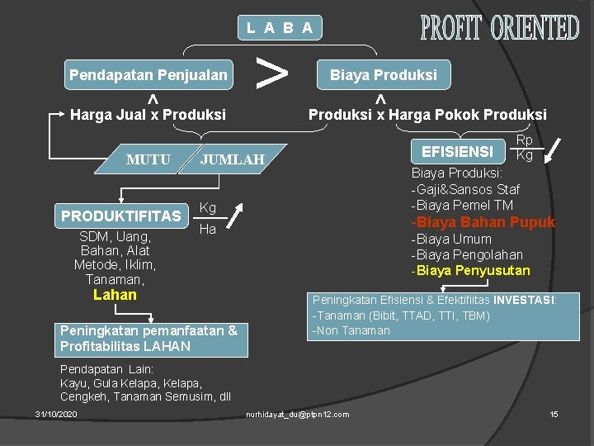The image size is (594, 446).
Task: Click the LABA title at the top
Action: pos(280,27)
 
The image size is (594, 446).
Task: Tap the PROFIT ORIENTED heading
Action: pos(499,28)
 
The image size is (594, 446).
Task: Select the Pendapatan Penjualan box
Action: pos(148,75)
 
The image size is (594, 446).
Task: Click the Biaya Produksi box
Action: pos(384,75)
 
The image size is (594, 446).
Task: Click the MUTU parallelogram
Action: pos(148,159)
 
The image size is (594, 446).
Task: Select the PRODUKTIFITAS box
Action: pos(121,216)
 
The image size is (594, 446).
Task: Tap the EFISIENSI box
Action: pos(458,151)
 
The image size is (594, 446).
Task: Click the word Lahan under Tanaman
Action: pos(115,295)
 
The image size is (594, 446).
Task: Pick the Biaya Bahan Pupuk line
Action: pos(485,222)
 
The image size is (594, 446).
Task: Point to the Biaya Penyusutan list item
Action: pos(473,271)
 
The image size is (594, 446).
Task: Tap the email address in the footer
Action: pos(298,414)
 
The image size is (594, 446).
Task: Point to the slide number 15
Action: pos(554,413)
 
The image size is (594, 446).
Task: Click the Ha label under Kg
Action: pos(207,229)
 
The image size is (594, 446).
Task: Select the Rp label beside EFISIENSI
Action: pos(524,141)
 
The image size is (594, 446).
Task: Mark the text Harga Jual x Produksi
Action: pos(148,115)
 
